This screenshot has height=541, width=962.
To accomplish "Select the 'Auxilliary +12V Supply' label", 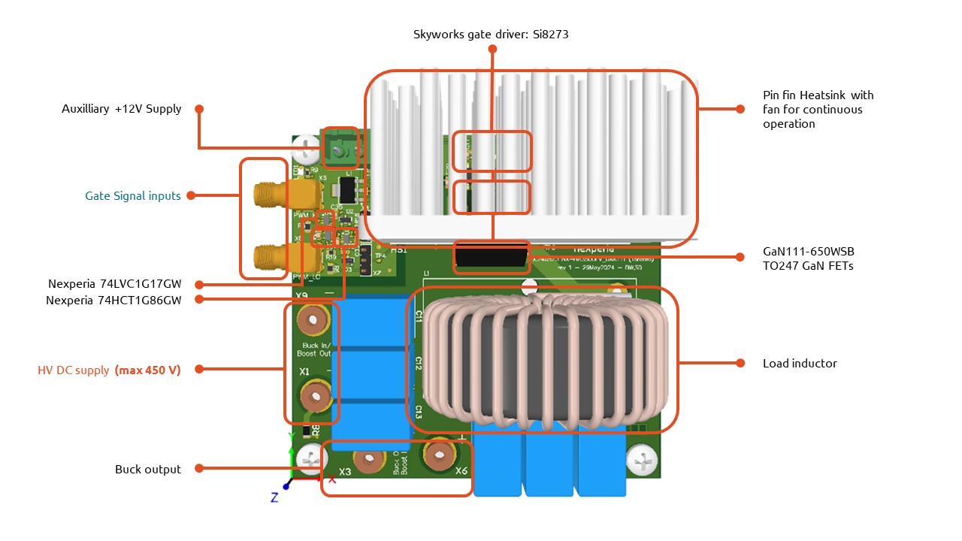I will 121,109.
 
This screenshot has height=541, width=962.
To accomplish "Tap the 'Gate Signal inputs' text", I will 132,196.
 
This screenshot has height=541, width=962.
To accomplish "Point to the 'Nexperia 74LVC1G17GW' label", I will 114,284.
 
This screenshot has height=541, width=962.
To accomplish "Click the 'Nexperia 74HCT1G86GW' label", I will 114,299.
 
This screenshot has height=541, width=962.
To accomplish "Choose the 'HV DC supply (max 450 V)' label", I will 109,370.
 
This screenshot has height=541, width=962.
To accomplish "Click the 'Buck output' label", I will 147,470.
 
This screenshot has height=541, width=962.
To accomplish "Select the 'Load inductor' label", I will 799,364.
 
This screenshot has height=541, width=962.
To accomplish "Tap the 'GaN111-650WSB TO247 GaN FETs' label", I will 808,258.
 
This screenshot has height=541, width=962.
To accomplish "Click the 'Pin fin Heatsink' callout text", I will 818,109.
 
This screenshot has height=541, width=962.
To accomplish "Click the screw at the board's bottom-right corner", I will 641,459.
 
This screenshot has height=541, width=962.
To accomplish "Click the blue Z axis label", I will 274,497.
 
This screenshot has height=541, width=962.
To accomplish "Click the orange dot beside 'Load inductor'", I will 740,364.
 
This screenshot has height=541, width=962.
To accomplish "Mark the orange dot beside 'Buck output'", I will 199,469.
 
